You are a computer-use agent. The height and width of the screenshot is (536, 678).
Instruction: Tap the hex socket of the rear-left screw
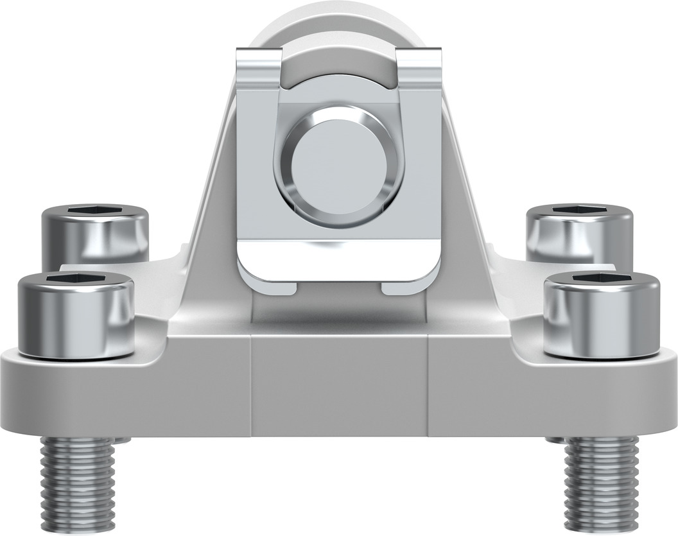pos(96,211)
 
